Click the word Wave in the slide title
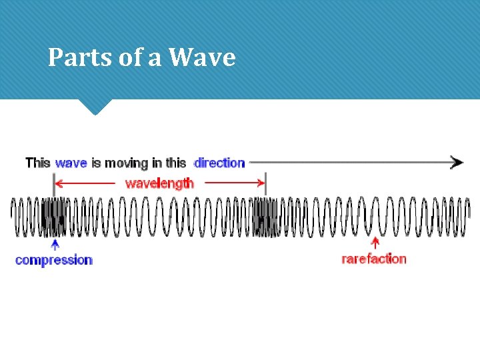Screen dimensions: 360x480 coord(202,58)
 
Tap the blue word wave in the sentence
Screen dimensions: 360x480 coord(71,163)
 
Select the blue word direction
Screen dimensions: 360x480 coord(219,163)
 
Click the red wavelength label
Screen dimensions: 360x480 coord(159,183)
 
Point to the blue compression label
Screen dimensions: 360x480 coord(53,260)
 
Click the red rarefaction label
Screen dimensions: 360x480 coord(373,259)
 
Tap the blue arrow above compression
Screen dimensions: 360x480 coord(54,245)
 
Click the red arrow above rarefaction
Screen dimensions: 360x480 coord(375,244)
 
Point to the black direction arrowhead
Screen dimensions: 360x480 coord(457,162)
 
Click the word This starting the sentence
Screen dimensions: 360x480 coord(38,163)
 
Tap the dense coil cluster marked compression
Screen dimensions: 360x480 coord(53,217)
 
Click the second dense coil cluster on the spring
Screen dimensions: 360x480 coord(266,217)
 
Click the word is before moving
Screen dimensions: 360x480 coord(96,163)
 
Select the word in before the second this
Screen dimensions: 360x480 coord(157,163)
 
